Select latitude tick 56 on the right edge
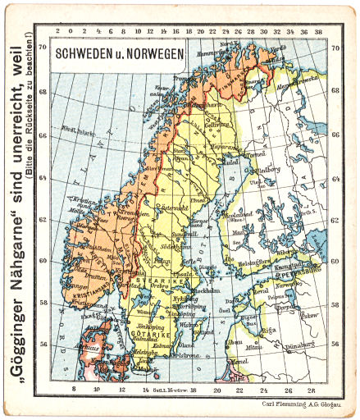click(335, 345)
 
